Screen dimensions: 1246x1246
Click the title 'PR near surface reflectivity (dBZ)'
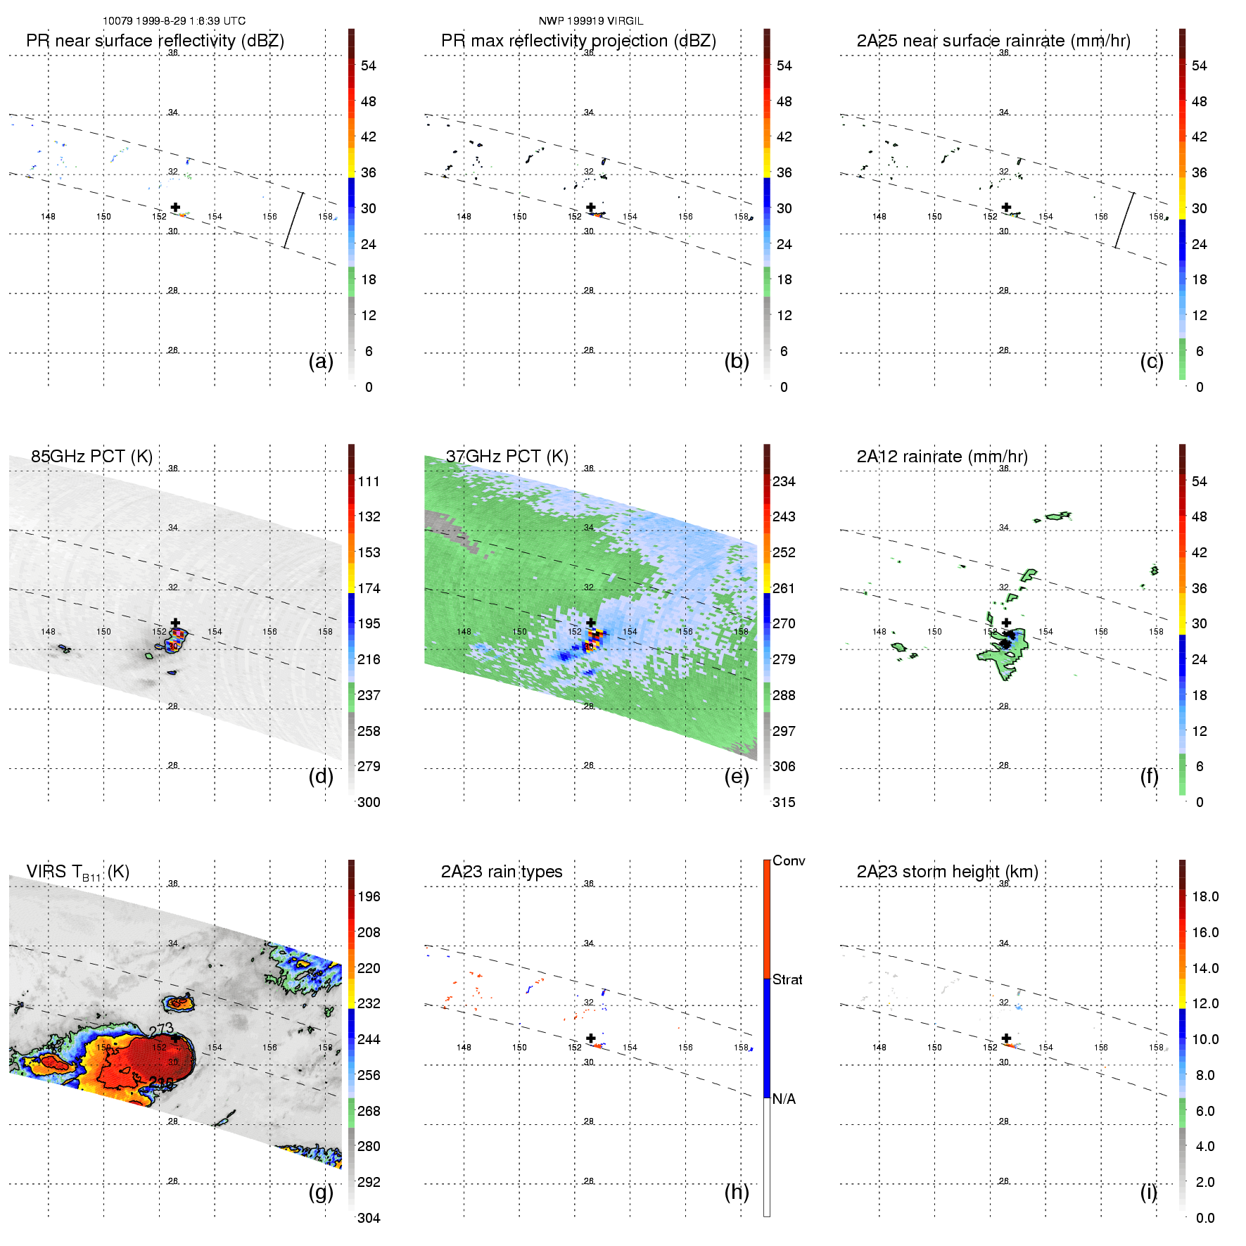coord(155,41)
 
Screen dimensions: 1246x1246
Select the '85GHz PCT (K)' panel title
coord(91,457)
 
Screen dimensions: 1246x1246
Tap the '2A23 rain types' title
coord(501,872)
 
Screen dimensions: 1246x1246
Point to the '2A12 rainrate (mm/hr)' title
coord(941,457)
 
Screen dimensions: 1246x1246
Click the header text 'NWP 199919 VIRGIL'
coord(590,21)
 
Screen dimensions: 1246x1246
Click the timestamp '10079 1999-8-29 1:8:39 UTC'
coord(174,21)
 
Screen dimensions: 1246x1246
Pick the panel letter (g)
coord(321,1192)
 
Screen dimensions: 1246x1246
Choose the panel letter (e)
coord(736,776)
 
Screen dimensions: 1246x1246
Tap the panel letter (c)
coord(1151,361)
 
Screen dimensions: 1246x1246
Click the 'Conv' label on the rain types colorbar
coord(788,860)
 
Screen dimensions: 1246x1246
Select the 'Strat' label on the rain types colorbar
coord(787,979)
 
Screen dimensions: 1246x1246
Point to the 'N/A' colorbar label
coord(784,1099)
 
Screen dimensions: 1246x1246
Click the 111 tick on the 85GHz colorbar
coord(369,481)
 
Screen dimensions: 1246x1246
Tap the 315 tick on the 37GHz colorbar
coord(784,802)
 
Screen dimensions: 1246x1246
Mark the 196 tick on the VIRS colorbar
coord(369,896)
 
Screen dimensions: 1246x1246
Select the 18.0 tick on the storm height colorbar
coord(1204,896)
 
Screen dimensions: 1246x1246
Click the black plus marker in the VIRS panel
coord(175,1038)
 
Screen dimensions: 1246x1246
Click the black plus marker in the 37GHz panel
coord(591,623)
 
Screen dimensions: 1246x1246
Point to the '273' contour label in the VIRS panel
coord(161,1029)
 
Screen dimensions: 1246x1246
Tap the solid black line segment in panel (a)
coord(293,220)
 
